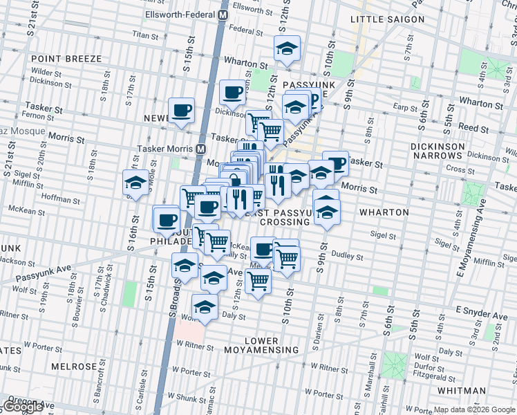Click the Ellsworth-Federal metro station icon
click(x=223, y=14)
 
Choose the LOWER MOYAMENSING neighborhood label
click(x=261, y=345)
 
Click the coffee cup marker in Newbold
click(x=182, y=110)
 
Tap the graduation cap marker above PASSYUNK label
click(x=286, y=48)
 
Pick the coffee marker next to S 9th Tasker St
click(x=335, y=163)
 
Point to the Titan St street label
click(x=145, y=34)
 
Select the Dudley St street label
click(x=349, y=256)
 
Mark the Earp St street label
click(x=402, y=107)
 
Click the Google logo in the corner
click(x=23, y=407)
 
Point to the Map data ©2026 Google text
click(x=473, y=409)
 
